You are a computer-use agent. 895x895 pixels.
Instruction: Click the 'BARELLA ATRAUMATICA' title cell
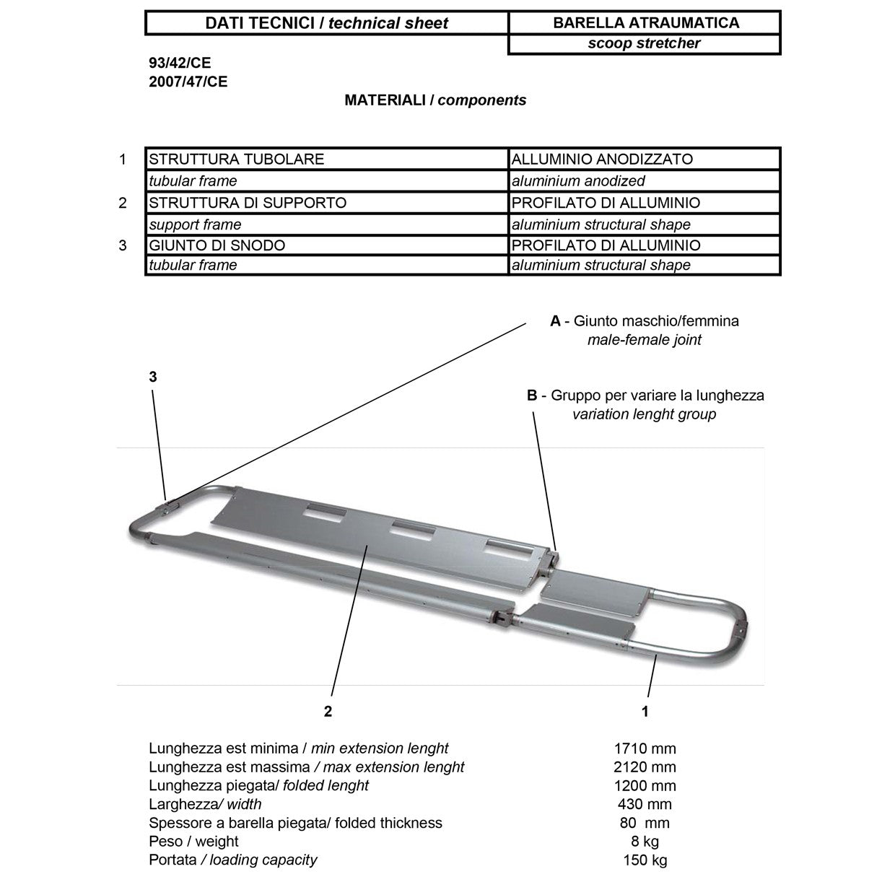click(x=645, y=22)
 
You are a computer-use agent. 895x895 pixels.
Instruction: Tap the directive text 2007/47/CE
click(x=188, y=82)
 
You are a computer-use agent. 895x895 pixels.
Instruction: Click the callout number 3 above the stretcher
click(x=153, y=377)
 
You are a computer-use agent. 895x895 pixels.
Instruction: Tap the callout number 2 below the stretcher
click(x=328, y=712)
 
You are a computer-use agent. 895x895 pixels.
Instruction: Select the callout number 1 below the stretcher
click(x=645, y=712)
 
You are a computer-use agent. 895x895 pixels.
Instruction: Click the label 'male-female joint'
click(x=644, y=340)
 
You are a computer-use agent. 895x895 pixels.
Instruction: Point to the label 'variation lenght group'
click(x=644, y=414)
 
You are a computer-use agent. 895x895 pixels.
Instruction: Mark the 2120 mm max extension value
click(x=645, y=767)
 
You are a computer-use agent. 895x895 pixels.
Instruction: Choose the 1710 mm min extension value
click(x=645, y=748)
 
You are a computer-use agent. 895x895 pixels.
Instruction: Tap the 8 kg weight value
click(x=645, y=842)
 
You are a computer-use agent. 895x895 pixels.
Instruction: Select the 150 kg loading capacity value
click(x=645, y=860)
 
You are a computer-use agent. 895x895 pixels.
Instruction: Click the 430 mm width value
click(x=645, y=804)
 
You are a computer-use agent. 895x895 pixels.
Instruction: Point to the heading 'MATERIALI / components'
click(x=435, y=100)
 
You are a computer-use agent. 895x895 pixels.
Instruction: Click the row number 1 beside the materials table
click(x=123, y=159)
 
